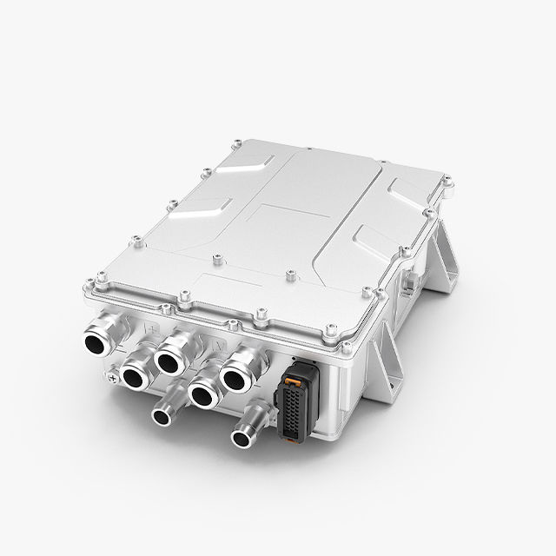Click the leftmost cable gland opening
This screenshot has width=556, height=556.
point(95,341)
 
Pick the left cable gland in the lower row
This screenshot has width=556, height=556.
point(136,376)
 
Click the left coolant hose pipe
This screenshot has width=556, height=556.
point(162,415)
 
